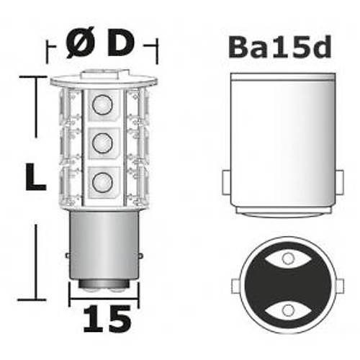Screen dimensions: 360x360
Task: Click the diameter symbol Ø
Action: click(79, 45)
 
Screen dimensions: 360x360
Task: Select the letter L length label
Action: click(32, 176)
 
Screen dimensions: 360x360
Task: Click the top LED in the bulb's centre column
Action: click(102, 105)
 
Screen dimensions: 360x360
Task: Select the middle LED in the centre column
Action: click(102, 141)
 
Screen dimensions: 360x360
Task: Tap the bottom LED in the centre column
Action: click(102, 179)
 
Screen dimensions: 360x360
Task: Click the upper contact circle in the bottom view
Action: click(287, 257)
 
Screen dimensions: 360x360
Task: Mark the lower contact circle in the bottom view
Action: click(287, 310)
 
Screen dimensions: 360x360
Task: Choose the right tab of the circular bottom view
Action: click(338, 284)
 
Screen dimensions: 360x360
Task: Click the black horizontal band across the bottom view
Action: click(287, 284)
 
